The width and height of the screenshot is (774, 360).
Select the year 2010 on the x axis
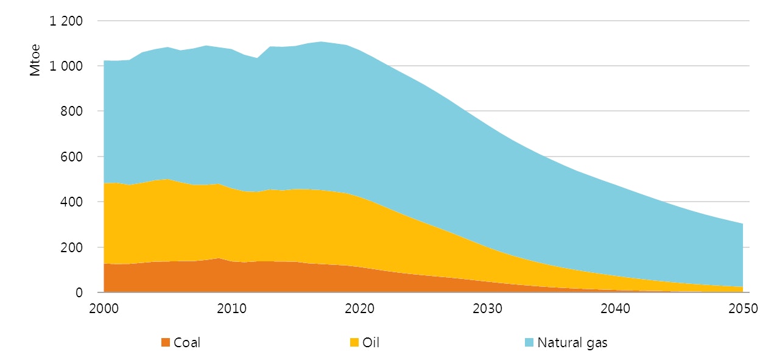click(x=232, y=309)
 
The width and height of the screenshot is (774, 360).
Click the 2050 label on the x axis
click(x=742, y=309)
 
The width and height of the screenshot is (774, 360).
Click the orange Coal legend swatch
click(x=165, y=343)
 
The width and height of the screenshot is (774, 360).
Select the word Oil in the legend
click(x=370, y=343)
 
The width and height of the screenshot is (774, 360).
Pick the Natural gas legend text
click(x=572, y=343)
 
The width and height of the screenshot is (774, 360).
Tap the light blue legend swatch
click(x=529, y=343)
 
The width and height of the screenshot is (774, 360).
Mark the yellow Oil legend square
click(x=354, y=343)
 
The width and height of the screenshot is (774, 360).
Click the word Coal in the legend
click(x=187, y=343)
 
